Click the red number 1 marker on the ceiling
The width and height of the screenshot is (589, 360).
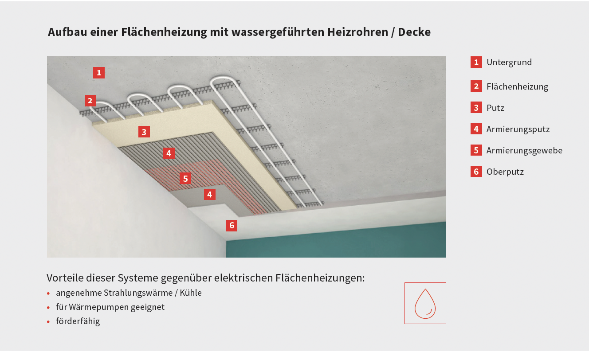(99, 73)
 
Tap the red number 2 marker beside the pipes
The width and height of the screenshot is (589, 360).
(90, 101)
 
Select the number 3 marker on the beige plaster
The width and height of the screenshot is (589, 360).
(144, 132)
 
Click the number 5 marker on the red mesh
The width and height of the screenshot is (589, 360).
(185, 179)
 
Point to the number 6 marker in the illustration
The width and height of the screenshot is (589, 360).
(232, 226)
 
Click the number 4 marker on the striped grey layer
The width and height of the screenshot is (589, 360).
(169, 153)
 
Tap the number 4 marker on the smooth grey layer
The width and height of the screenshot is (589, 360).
(210, 195)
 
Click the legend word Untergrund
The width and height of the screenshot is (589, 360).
(509, 62)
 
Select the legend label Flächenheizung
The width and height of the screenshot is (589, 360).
(518, 86)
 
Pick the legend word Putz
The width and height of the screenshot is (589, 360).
(495, 108)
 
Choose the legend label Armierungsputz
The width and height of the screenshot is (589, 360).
(518, 129)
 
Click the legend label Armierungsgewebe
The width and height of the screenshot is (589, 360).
(524, 151)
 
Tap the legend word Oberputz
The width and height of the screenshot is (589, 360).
(505, 172)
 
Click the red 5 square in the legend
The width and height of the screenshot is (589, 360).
(476, 150)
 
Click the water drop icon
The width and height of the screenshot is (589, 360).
(425, 304)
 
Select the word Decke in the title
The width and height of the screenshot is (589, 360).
(414, 32)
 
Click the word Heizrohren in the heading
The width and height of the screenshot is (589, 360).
(357, 32)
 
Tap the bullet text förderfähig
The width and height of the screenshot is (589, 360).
(78, 321)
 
